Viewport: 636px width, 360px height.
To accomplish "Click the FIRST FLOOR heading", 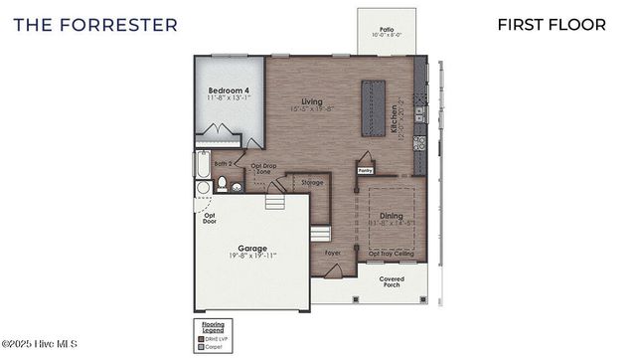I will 552,24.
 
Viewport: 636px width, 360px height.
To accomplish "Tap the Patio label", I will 387,31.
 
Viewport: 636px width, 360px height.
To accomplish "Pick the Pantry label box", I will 366,170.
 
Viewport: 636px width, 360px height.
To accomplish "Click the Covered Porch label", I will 392,282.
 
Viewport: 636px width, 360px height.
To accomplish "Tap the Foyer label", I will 333,254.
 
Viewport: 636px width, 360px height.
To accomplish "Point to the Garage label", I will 252,248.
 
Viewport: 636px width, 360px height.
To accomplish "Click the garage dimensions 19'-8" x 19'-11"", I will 252,257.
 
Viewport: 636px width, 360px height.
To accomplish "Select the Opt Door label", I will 210,218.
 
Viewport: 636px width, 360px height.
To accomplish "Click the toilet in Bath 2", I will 224,183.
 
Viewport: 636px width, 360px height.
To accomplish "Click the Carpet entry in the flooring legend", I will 213,347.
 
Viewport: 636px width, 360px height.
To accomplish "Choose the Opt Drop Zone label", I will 262,169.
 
